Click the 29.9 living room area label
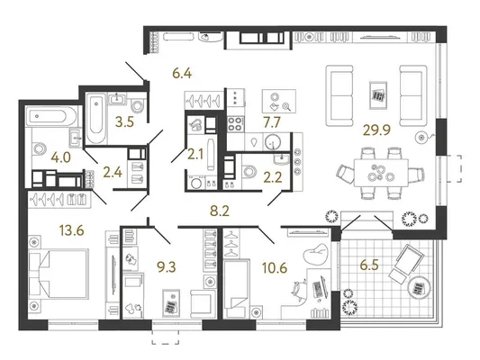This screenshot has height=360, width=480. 376,130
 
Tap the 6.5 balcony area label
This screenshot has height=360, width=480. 369,265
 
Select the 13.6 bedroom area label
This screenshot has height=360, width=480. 72,230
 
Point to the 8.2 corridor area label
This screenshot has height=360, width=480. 220,211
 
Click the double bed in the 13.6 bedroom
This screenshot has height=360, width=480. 59,273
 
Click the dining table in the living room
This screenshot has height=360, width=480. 381,173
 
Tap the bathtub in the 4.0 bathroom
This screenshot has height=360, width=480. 50,116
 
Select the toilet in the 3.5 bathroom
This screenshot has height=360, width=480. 137,105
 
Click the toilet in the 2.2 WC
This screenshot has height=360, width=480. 249,172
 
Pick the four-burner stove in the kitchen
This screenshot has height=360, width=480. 235,124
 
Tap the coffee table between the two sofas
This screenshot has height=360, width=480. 378,95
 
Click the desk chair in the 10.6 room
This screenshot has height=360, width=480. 299,288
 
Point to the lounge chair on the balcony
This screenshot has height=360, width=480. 406,264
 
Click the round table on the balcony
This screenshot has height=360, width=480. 419,288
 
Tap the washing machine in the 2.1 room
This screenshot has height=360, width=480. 196,183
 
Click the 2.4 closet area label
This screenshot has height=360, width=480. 113,173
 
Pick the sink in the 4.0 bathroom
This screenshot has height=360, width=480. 75,137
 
